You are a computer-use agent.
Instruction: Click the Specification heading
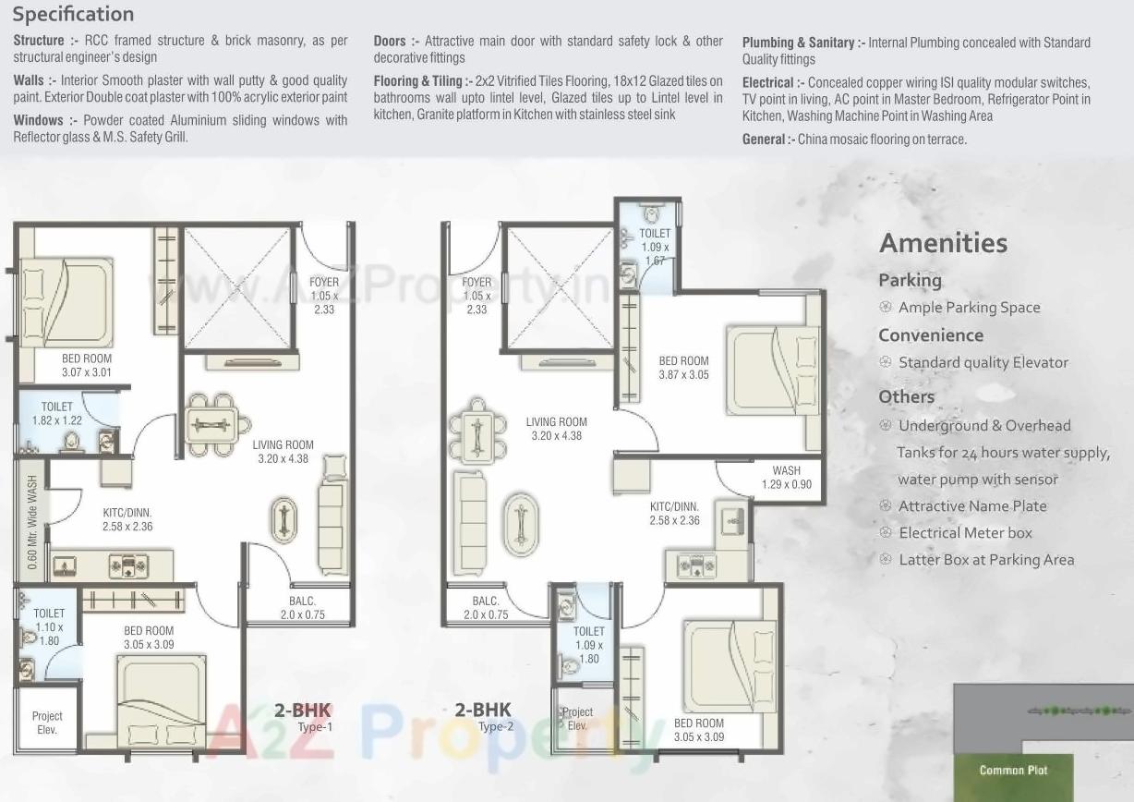[x=73, y=14]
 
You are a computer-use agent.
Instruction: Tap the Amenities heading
[x=943, y=243]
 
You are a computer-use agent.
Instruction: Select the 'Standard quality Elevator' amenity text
[x=983, y=362]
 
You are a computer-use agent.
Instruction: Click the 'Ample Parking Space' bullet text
[x=969, y=308]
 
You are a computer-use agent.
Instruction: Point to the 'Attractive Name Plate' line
[x=972, y=505]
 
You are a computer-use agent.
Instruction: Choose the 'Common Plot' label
[x=1013, y=770]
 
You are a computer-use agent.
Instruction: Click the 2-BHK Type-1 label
[x=303, y=717]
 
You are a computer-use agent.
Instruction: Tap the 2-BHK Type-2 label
[x=483, y=717]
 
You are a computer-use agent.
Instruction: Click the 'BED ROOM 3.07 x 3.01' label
[x=87, y=365]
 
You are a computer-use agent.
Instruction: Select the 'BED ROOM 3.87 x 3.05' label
[x=683, y=368]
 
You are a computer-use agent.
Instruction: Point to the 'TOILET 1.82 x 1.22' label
[x=57, y=413]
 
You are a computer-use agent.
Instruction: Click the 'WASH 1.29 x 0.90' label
[x=787, y=478]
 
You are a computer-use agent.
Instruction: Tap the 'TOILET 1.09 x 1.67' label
[x=655, y=247]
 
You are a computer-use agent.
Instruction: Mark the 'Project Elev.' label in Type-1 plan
[x=47, y=723]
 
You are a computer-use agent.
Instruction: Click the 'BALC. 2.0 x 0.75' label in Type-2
[x=486, y=607]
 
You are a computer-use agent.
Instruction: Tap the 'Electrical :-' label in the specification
[x=772, y=82]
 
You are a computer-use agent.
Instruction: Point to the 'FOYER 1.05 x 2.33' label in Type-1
[x=323, y=295]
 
